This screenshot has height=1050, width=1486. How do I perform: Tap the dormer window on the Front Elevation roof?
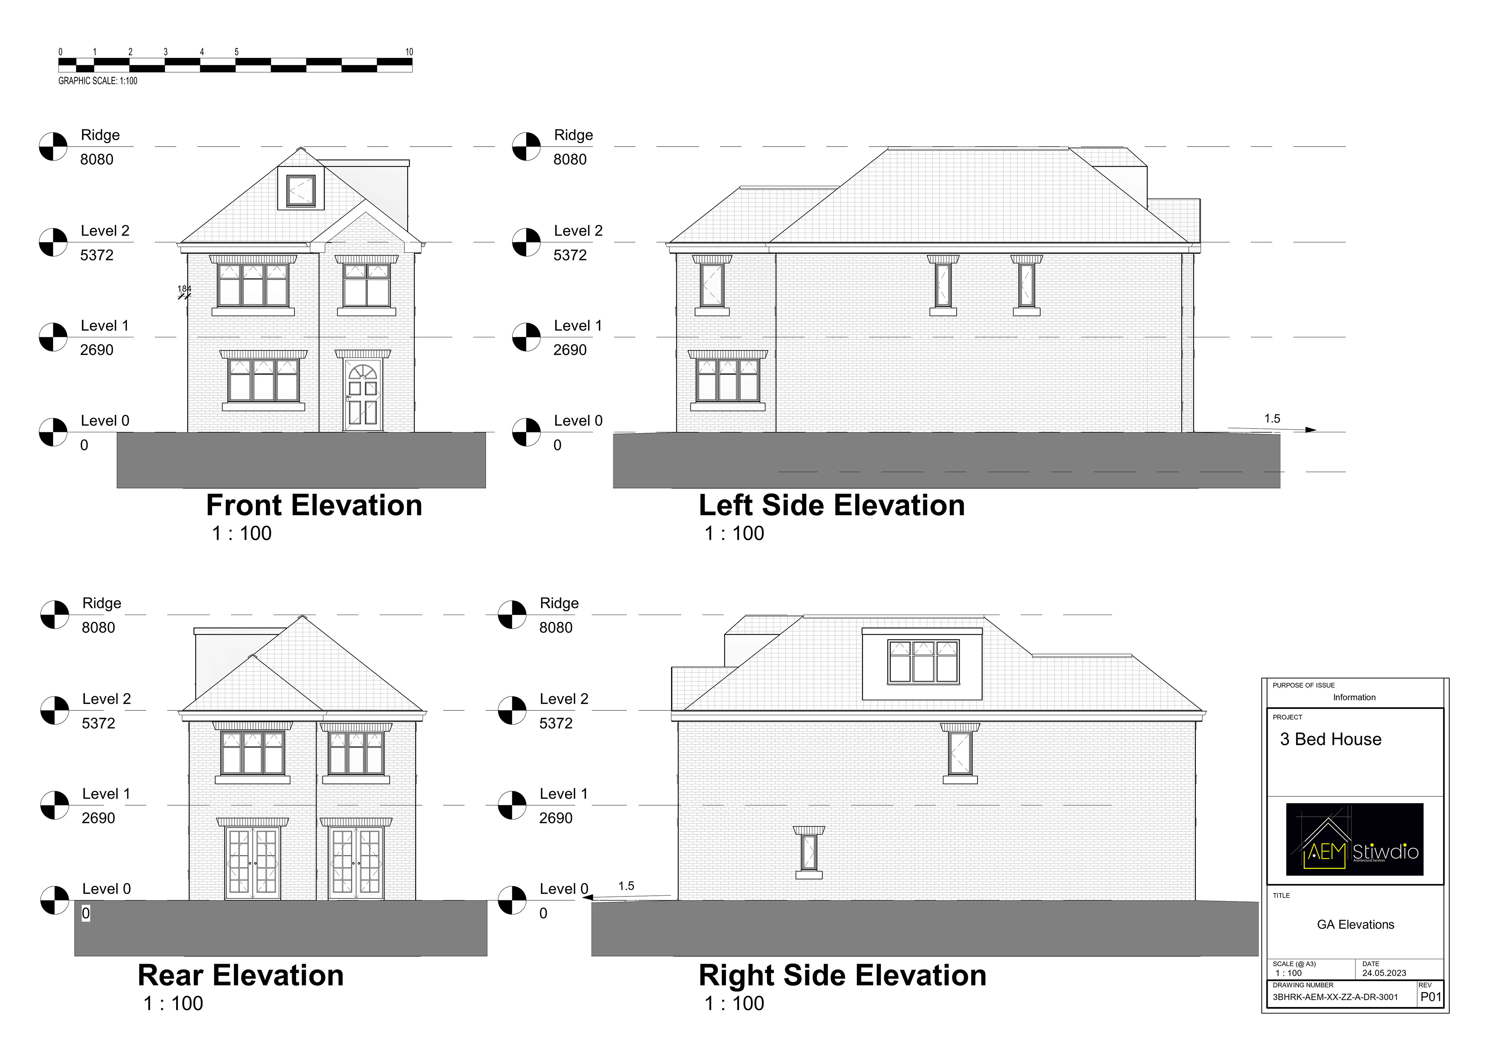[301, 190]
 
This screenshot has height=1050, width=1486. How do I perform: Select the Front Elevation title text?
[314, 505]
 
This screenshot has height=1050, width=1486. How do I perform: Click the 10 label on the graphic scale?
[409, 52]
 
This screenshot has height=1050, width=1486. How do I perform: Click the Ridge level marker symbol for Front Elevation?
[53, 147]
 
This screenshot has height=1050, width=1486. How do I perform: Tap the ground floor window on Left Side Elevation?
[728, 381]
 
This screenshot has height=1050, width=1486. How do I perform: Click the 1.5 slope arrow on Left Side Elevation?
[1272, 428]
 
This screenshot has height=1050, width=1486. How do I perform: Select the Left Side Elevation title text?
[832, 505]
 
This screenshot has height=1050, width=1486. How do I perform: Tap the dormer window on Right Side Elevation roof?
[923, 662]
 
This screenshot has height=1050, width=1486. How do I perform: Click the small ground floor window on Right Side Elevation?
[808, 852]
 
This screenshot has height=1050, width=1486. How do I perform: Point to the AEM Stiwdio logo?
[1354, 839]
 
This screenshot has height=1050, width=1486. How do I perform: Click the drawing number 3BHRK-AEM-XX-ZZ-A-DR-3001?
[1335, 997]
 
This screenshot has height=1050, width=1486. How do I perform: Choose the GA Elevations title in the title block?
[1355, 924]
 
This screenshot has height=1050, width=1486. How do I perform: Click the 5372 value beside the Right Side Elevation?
[556, 723]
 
